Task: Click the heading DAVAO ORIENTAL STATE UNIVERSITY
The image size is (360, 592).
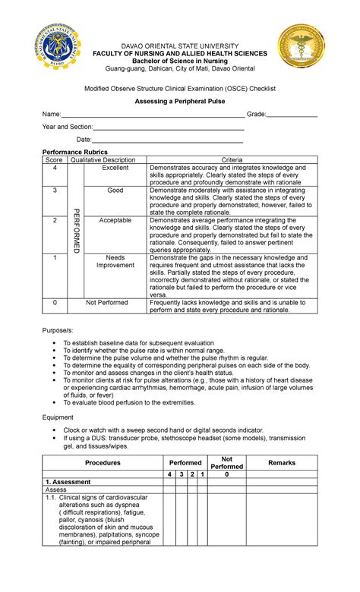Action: pos(180,46)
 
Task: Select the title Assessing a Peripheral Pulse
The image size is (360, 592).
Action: pos(180,100)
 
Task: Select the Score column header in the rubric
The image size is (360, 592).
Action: pos(54,160)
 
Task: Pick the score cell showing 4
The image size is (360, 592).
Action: pos(54,168)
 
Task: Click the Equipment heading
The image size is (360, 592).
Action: pos(58,417)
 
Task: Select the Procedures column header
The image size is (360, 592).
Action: pos(103,462)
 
